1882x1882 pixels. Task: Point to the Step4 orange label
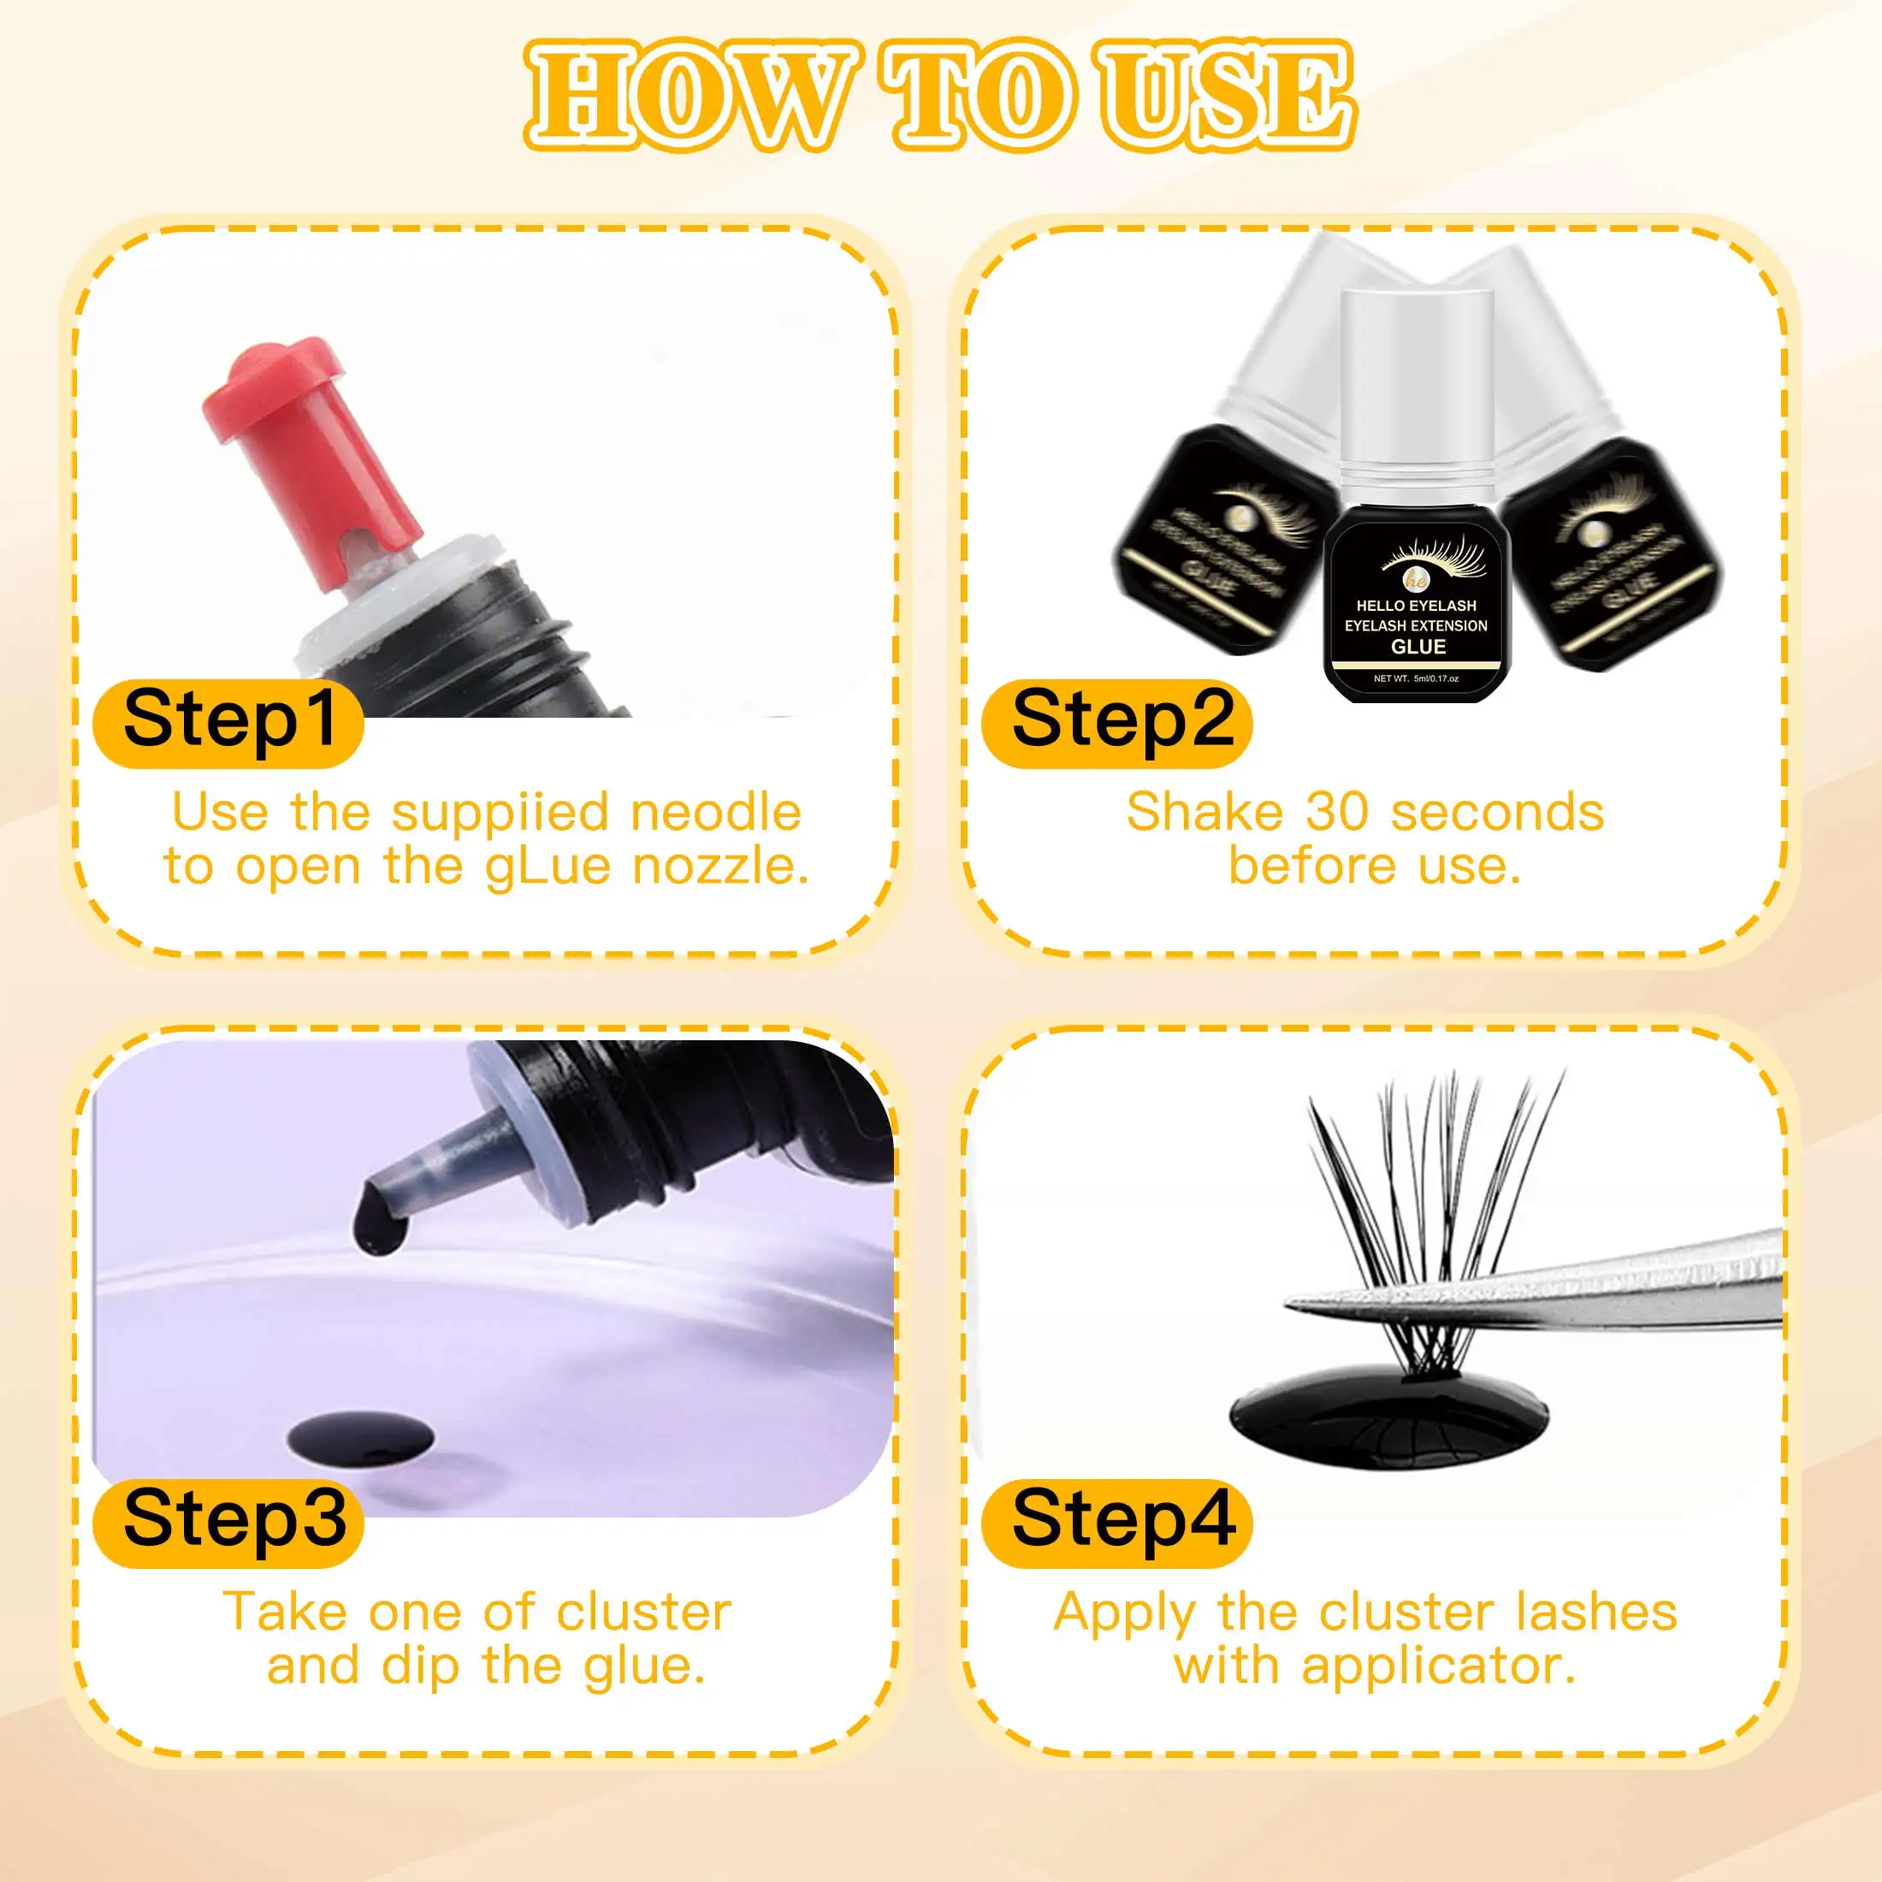pyautogui.click(x=1116, y=1521)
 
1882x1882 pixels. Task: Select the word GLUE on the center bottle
pyautogui.click(x=1417, y=647)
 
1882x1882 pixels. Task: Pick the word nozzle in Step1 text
pyautogui.click(x=720, y=865)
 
